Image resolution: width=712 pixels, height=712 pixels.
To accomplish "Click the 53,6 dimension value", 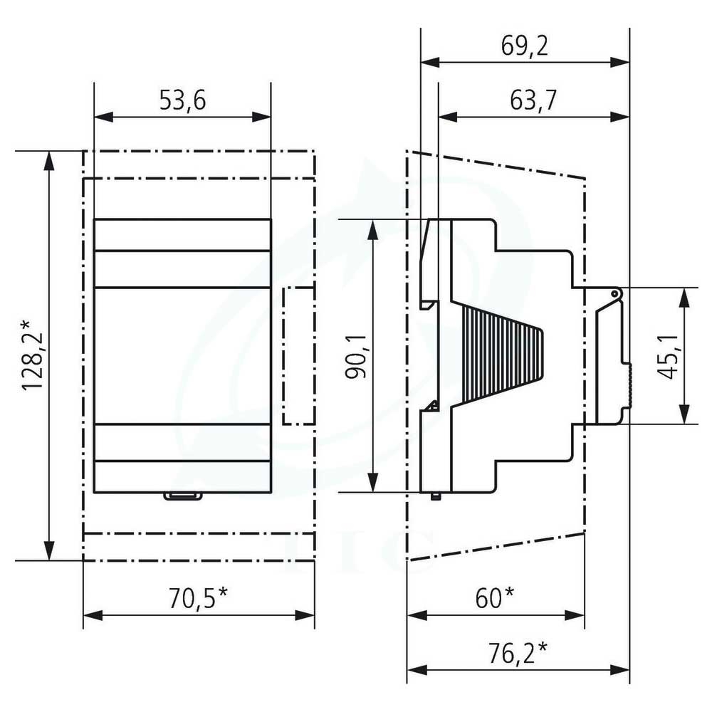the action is tap(182, 100).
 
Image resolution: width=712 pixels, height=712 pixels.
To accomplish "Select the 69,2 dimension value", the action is tap(525, 46).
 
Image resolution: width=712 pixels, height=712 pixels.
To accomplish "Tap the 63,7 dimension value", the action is tap(533, 100).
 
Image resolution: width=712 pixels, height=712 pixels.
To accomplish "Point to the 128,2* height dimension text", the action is tap(32, 355).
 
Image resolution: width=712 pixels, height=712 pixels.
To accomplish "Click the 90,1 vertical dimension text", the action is tap(357, 357).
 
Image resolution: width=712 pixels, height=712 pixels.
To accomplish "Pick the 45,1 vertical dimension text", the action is tap(668, 357).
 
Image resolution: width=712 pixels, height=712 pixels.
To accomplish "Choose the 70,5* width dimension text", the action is tap(198, 598).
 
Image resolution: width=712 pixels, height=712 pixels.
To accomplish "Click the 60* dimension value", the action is tap(495, 598).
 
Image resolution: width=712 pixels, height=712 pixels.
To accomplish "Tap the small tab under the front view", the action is tap(182, 496).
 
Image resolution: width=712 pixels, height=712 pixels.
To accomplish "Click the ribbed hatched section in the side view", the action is tap(503, 354).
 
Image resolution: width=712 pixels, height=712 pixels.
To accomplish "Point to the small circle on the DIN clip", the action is tap(614, 294).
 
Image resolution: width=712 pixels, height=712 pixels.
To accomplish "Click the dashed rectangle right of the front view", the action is tap(298, 356).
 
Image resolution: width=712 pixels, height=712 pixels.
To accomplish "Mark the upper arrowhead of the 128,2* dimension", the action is tap(49, 160).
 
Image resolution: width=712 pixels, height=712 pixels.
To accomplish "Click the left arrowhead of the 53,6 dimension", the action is tap(103, 117).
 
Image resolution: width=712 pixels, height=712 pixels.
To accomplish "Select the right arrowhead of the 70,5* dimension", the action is tap(305, 616).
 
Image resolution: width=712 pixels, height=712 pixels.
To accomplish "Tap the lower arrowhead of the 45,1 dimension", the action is tap(684, 414).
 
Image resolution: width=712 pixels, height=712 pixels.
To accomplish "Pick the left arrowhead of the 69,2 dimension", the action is tap(431, 62).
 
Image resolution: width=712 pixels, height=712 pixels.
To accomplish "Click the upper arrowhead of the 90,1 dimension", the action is tap(372, 229).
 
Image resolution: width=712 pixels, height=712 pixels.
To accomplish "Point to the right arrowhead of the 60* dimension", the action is tap(575, 616).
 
